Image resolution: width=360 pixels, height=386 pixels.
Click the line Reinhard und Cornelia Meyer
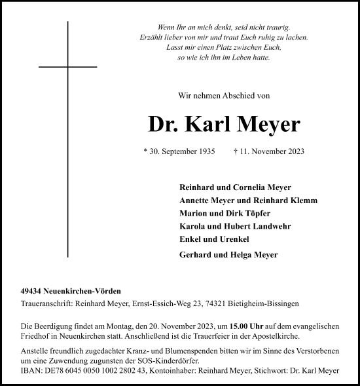pyautogui.click(x=234, y=187)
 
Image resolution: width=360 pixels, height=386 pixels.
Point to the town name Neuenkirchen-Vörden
pyautogui.click(x=84, y=290)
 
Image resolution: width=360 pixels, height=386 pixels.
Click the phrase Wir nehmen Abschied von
pyautogui.click(x=223, y=96)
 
